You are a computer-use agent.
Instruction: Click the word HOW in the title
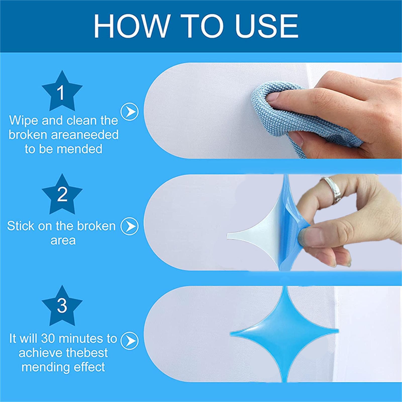[132, 26]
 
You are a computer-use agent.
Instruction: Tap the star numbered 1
[62, 91]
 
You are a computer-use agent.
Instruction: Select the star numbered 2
[62, 194]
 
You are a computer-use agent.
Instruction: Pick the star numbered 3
[62, 306]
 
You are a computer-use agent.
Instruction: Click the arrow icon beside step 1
[129, 111]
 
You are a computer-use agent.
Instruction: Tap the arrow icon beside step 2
[129, 226]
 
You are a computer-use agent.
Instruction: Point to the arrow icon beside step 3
[129, 340]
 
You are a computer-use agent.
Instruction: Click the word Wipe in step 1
[24, 121]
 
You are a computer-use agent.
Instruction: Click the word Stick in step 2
[21, 226]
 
